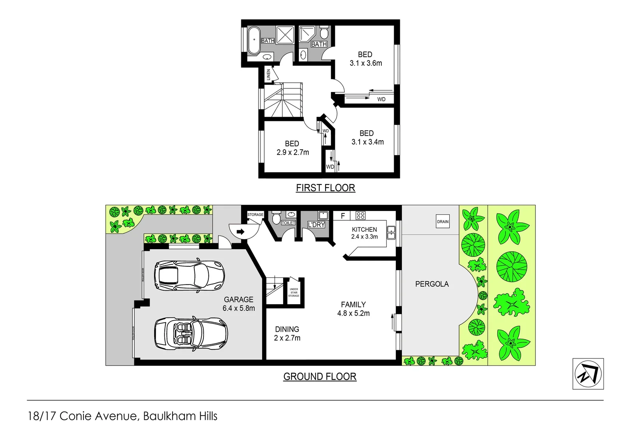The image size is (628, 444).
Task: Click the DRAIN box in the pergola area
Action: (443, 222)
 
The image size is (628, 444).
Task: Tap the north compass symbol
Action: (588, 374)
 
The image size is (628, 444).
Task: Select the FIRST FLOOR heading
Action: (325, 188)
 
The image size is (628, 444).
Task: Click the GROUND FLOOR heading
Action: (320, 377)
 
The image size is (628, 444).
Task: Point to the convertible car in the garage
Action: (191, 333)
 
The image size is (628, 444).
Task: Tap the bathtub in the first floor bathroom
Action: (253, 40)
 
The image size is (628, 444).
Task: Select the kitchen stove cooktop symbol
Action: (360, 215)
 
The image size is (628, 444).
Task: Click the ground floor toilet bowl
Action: (276, 218)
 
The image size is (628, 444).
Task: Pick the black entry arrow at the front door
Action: (240, 232)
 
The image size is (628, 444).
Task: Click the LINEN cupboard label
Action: (268, 74)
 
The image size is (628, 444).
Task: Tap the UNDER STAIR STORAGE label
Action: (293, 292)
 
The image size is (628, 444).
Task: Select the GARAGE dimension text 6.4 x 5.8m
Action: (238, 308)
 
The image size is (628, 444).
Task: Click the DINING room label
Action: (287, 329)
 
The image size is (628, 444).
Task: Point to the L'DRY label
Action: (316, 224)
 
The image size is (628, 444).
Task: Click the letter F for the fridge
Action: (342, 216)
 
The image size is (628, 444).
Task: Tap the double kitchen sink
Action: (391, 233)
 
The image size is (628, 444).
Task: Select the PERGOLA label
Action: (432, 284)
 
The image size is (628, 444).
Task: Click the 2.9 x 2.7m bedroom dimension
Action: (292, 153)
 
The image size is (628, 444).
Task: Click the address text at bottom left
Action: (122, 416)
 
